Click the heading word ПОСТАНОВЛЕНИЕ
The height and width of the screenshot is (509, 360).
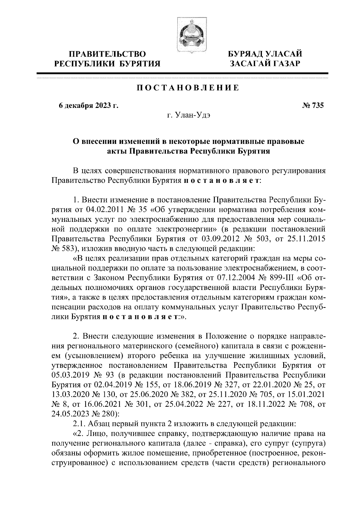coord(188,88)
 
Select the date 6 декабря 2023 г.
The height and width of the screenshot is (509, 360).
coord(88,106)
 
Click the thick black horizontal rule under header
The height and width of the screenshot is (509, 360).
coord(182,73)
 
